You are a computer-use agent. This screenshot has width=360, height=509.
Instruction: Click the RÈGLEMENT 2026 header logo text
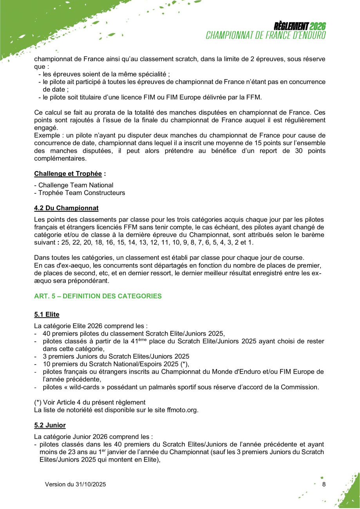[x=300, y=27]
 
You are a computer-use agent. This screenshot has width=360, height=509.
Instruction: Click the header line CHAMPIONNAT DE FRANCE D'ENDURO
[x=266, y=35]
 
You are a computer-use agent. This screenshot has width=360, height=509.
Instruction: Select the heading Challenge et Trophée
[x=68, y=173]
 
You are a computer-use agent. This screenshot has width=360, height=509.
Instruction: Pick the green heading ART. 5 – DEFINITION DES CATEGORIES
[x=98, y=296]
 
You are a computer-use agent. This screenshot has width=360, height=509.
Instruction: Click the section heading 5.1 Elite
[x=47, y=314]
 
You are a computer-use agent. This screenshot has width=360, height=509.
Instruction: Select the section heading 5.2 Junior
[x=50, y=425]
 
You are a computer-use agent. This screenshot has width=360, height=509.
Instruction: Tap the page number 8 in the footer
[x=324, y=484]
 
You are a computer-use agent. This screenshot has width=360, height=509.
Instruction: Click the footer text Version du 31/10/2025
[x=75, y=484]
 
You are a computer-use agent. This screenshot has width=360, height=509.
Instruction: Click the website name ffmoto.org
[x=185, y=410]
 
